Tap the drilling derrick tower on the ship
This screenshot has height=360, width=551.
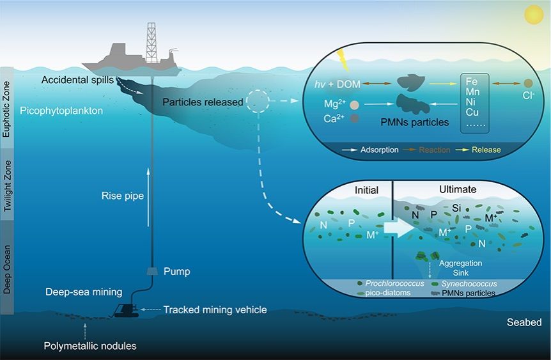point(151,40)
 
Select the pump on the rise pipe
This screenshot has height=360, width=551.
point(152,271)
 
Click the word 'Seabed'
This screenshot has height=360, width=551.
point(524,322)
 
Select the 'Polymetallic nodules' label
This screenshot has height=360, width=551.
point(89,346)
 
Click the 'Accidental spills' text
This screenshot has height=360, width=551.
point(77,80)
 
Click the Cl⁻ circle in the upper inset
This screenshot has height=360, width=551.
point(528,83)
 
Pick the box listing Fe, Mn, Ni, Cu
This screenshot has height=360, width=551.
point(474,102)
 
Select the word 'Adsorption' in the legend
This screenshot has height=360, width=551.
point(376,150)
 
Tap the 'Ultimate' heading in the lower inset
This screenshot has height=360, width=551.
point(458,190)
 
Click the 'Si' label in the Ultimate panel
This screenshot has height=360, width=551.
point(456,208)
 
